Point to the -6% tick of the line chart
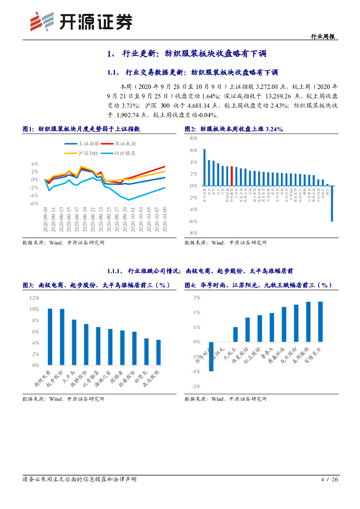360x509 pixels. pyautogui.click(x=34, y=204)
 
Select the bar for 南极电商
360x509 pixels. pyautogui.click(x=50, y=337)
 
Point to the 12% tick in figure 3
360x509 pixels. pyautogui.click(x=35, y=298)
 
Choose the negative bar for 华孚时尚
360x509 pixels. pyautogui.click(x=211, y=356)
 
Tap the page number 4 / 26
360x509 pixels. pyautogui.click(x=330, y=479)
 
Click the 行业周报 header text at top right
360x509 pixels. pyautogui.click(x=322, y=36)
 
